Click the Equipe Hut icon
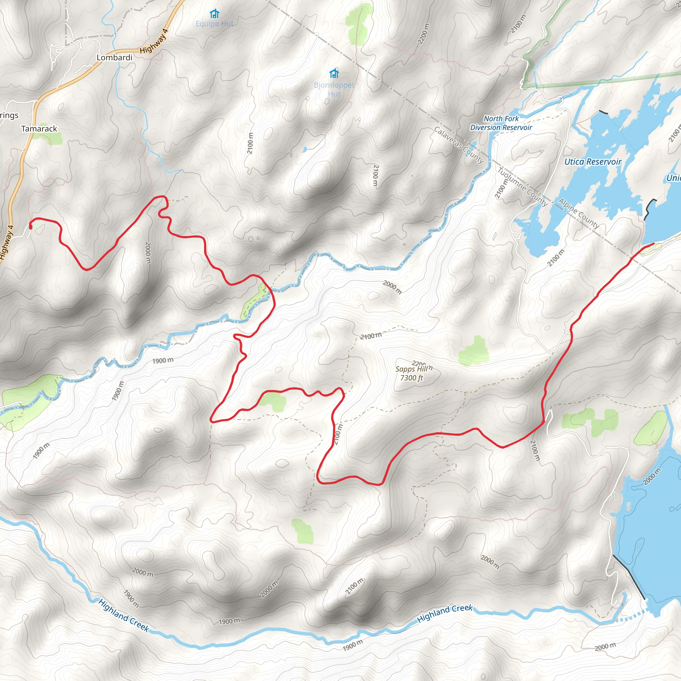214,14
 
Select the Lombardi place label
115,58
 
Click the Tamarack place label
39,129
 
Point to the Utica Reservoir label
593,162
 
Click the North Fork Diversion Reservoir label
501,123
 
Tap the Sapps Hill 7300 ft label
411,373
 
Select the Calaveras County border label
459,145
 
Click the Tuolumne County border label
522,187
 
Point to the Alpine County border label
579,213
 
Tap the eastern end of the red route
653,243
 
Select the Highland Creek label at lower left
123,615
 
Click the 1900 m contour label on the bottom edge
352,645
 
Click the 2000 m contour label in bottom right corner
606,647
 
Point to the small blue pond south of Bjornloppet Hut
305,149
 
